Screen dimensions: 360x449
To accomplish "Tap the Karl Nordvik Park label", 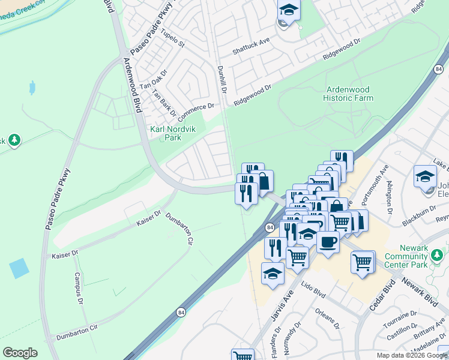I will pyautogui.click(x=165, y=133).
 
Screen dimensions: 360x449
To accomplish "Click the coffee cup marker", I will pyautogui.click(x=328, y=242).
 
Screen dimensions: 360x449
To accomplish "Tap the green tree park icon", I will pyautogui.click(x=14, y=140).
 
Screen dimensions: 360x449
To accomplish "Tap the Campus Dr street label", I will pyautogui.click(x=77, y=287).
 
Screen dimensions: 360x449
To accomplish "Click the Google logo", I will pyautogui.click(x=20, y=353).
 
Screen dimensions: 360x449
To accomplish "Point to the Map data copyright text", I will pyautogui.click(x=412, y=355).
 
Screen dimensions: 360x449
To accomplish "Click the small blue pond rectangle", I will pyautogui.click(x=19, y=268).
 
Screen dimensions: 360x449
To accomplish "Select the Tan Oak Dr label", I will pyautogui.click(x=152, y=79).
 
